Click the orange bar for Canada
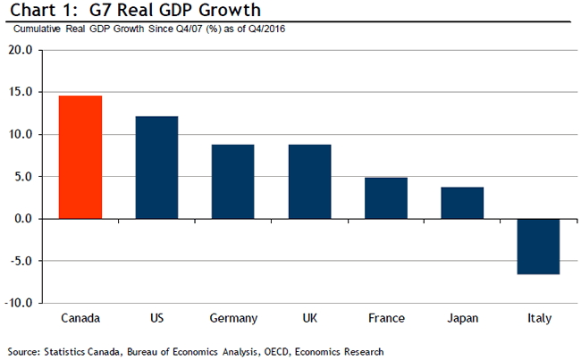pos(80,157)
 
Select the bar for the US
pos(156,167)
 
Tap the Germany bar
pos(232,181)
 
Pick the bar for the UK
pos(309,181)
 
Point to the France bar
pos(386,198)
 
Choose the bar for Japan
pos(462,203)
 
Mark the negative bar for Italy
pos(538,247)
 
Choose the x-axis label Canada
pos(80,319)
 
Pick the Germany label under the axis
pos(232,319)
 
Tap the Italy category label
pos(539,319)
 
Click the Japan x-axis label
pos(462,319)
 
